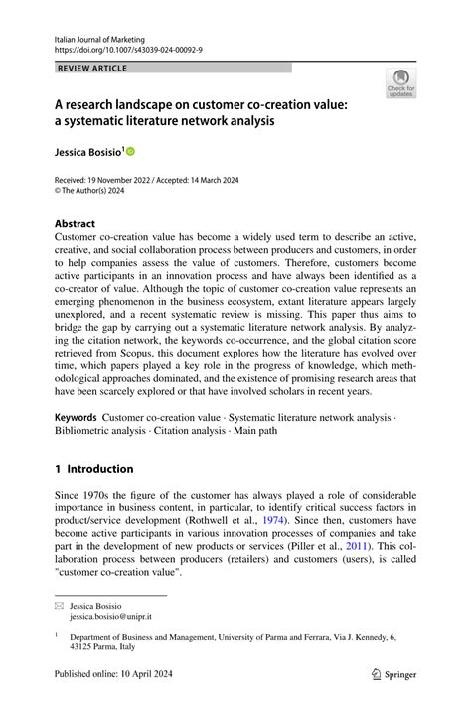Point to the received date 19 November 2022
pos(123,181)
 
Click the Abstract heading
pos(75,224)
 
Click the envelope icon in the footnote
pos(60,606)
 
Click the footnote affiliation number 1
pos(58,636)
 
